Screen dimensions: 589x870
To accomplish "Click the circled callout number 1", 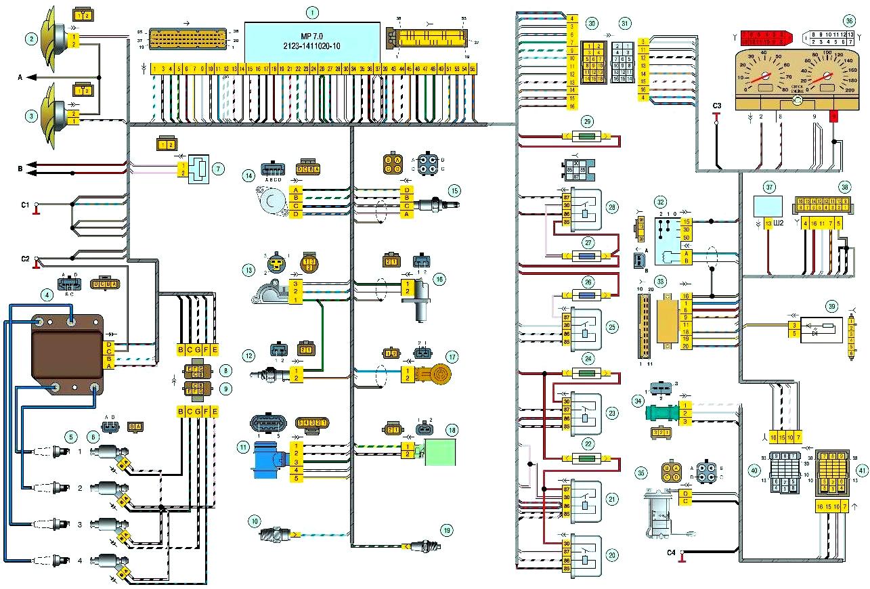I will [x=312, y=12].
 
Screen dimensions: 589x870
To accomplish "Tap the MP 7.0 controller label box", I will [x=311, y=41].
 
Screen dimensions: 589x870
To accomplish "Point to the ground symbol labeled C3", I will [x=716, y=116].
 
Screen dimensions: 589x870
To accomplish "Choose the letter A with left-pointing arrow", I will [x=21, y=78].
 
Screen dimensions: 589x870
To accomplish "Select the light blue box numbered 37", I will [x=768, y=205].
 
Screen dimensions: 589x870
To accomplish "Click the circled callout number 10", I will [x=254, y=521].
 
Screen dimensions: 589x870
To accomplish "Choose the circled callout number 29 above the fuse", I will [x=588, y=121].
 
